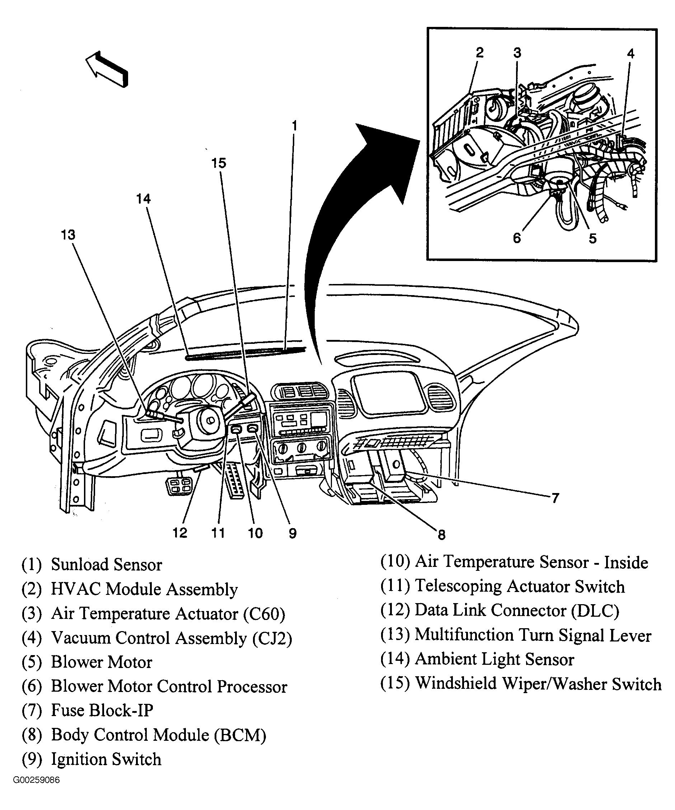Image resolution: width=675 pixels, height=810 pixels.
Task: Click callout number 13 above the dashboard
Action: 68,235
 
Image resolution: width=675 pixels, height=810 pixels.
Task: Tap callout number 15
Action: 219,163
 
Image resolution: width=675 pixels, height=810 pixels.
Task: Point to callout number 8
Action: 441,535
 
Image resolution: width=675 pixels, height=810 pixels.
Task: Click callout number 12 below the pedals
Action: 180,533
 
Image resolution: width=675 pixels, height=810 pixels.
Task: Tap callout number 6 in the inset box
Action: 517,238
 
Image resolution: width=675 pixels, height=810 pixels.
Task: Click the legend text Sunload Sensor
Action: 107,565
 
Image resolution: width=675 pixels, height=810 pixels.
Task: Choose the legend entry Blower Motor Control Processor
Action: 169,687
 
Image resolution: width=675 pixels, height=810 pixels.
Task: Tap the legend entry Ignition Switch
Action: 106,759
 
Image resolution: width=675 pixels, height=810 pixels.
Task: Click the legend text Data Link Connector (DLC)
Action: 517,610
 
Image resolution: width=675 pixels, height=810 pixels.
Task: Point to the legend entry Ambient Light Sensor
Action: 494,659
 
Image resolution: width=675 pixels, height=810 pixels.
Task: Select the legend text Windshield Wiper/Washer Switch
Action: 538,684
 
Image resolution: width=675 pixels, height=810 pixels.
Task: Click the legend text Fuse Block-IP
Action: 102,710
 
